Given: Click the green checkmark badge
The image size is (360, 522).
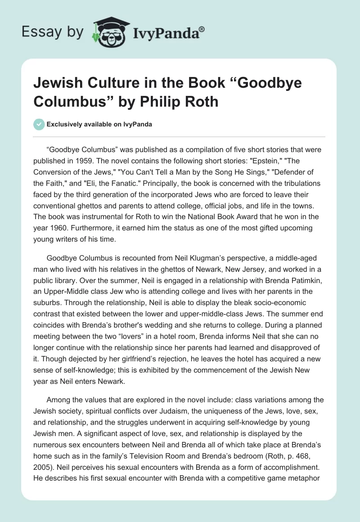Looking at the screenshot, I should tap(39, 125).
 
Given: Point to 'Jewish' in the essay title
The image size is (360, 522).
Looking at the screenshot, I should tap(60, 83).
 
